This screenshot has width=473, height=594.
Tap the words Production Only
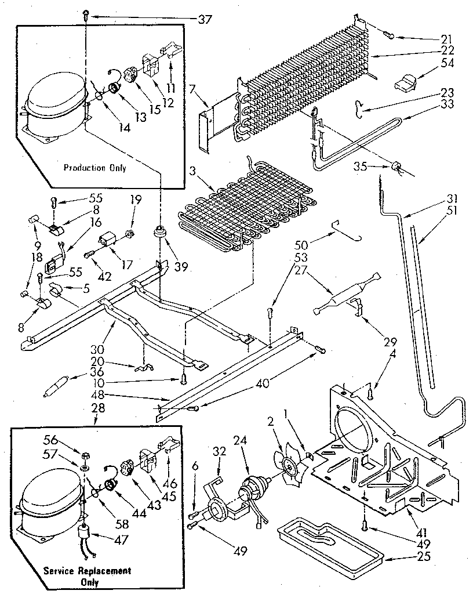(x=94, y=168)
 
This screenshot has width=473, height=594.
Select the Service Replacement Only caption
(x=88, y=575)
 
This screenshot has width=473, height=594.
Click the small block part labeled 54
(x=406, y=83)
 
